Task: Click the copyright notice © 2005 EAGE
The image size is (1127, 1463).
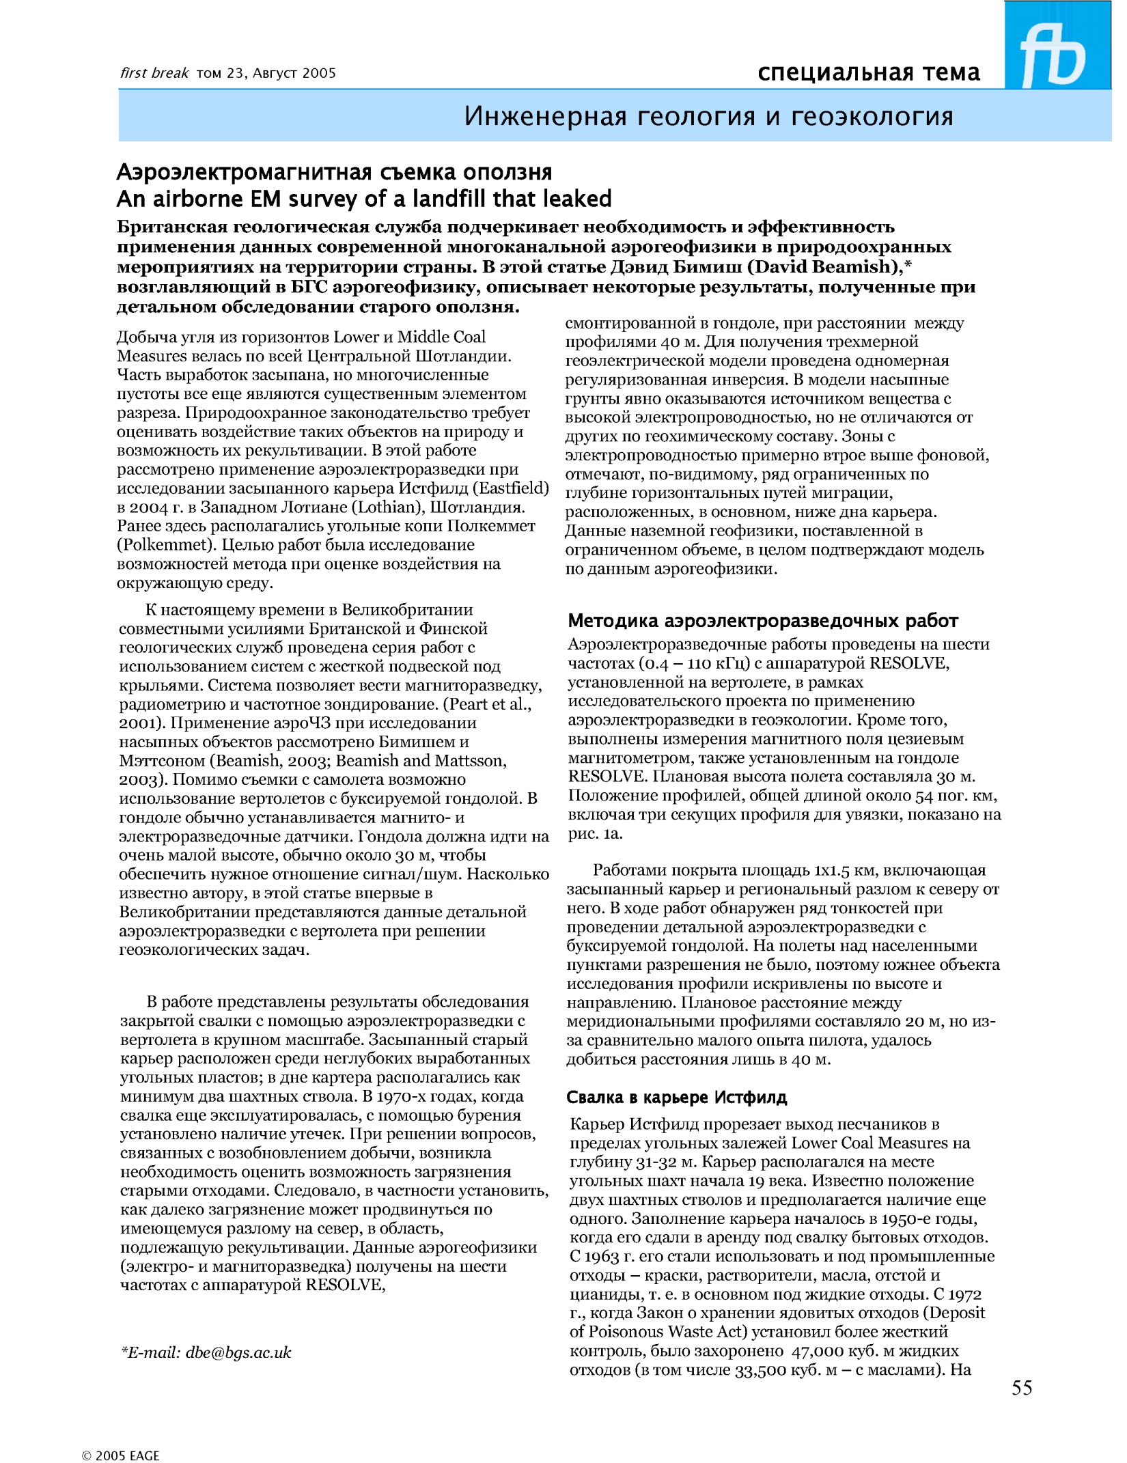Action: [x=121, y=1455]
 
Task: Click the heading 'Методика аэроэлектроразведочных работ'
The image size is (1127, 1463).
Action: [x=763, y=621]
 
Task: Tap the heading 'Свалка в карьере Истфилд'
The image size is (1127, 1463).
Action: [x=677, y=1098]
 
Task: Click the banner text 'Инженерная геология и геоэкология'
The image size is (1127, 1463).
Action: [x=708, y=117]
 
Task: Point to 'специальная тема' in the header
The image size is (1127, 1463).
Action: [x=869, y=72]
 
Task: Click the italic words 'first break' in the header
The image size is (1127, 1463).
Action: [x=154, y=73]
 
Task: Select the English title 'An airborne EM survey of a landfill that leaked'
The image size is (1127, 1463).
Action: [x=364, y=199]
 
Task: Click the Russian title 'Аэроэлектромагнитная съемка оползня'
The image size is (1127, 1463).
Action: [x=335, y=172]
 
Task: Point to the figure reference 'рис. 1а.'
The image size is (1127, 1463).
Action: [x=595, y=833]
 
